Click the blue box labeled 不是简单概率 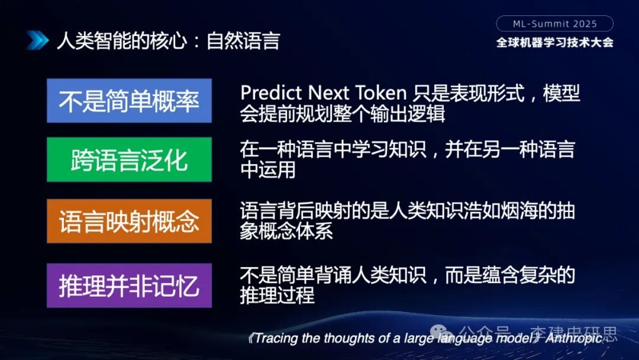[129, 101]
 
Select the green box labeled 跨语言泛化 [129, 159]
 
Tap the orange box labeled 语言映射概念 [129, 221]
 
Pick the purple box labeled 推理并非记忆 [129, 285]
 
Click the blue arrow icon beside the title [37, 40]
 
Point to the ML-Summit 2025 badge [554, 24]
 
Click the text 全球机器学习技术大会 [554, 43]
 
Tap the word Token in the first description [381, 93]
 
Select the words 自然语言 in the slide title [243, 41]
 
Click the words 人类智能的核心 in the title [121, 41]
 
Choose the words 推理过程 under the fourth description [277, 294]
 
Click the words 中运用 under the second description [267, 169]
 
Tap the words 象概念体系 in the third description [286, 231]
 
